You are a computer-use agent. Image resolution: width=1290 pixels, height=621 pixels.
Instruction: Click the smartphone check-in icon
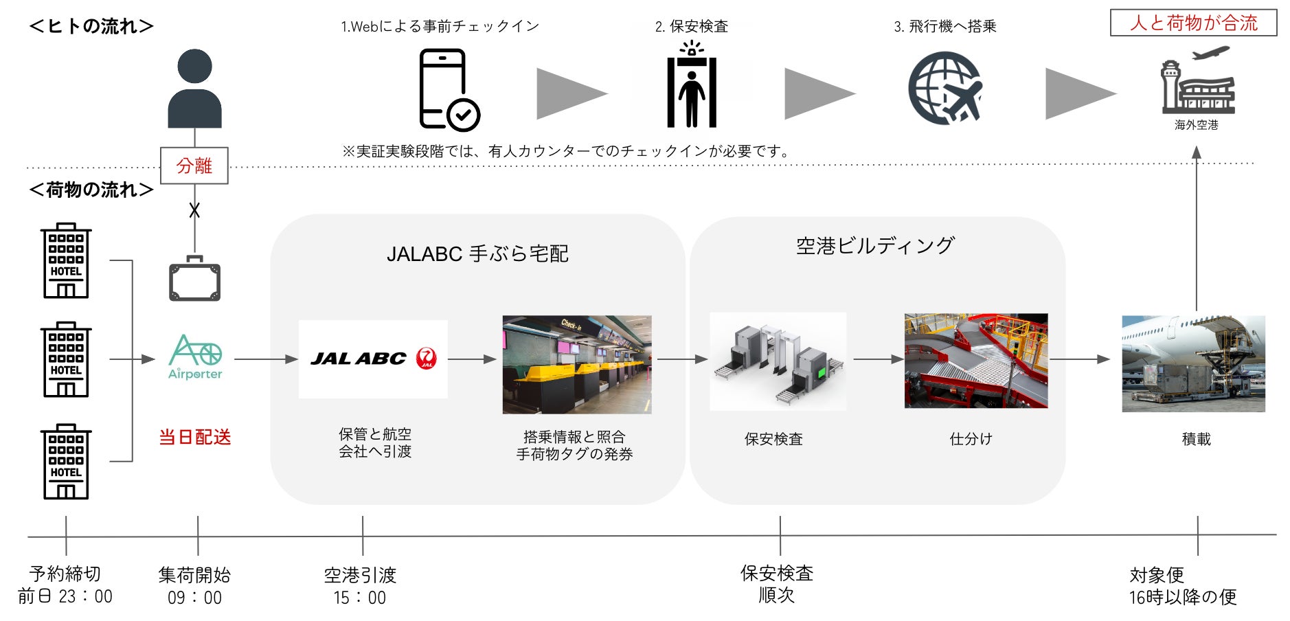tap(448, 89)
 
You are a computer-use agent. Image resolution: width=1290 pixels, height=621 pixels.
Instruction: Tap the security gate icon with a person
tap(691, 86)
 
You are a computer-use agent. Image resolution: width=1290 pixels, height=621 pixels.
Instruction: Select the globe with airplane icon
tap(945, 88)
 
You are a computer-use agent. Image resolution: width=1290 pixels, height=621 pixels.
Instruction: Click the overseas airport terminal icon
tap(1197, 82)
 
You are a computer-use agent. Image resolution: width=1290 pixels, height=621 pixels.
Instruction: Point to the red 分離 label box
tap(194, 166)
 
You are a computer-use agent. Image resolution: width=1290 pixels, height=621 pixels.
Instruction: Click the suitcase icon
tap(195, 279)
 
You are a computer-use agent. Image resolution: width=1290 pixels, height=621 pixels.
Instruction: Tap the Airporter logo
tap(195, 357)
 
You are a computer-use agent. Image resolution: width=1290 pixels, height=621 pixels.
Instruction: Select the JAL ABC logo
tap(373, 359)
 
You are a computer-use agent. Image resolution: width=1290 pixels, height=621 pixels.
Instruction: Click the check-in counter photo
tap(577, 364)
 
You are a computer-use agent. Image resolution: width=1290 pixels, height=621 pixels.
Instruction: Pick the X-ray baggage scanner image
tap(778, 361)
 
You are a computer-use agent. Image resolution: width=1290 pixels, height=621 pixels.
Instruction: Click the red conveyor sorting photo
tap(975, 361)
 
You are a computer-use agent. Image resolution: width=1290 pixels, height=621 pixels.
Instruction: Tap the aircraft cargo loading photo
tap(1193, 363)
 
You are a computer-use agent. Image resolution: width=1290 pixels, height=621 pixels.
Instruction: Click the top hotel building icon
tap(66, 261)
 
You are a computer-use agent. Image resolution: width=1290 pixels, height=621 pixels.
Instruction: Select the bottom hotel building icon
tap(66, 462)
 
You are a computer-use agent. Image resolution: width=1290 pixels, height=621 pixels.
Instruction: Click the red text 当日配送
tap(195, 437)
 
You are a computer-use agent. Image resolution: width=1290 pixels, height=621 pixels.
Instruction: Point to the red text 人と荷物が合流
tap(1194, 23)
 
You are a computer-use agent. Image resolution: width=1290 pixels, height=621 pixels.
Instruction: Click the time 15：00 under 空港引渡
tap(360, 598)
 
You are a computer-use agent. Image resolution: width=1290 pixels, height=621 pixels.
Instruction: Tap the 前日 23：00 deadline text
tap(65, 596)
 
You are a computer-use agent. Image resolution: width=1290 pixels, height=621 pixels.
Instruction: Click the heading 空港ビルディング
tap(875, 245)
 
